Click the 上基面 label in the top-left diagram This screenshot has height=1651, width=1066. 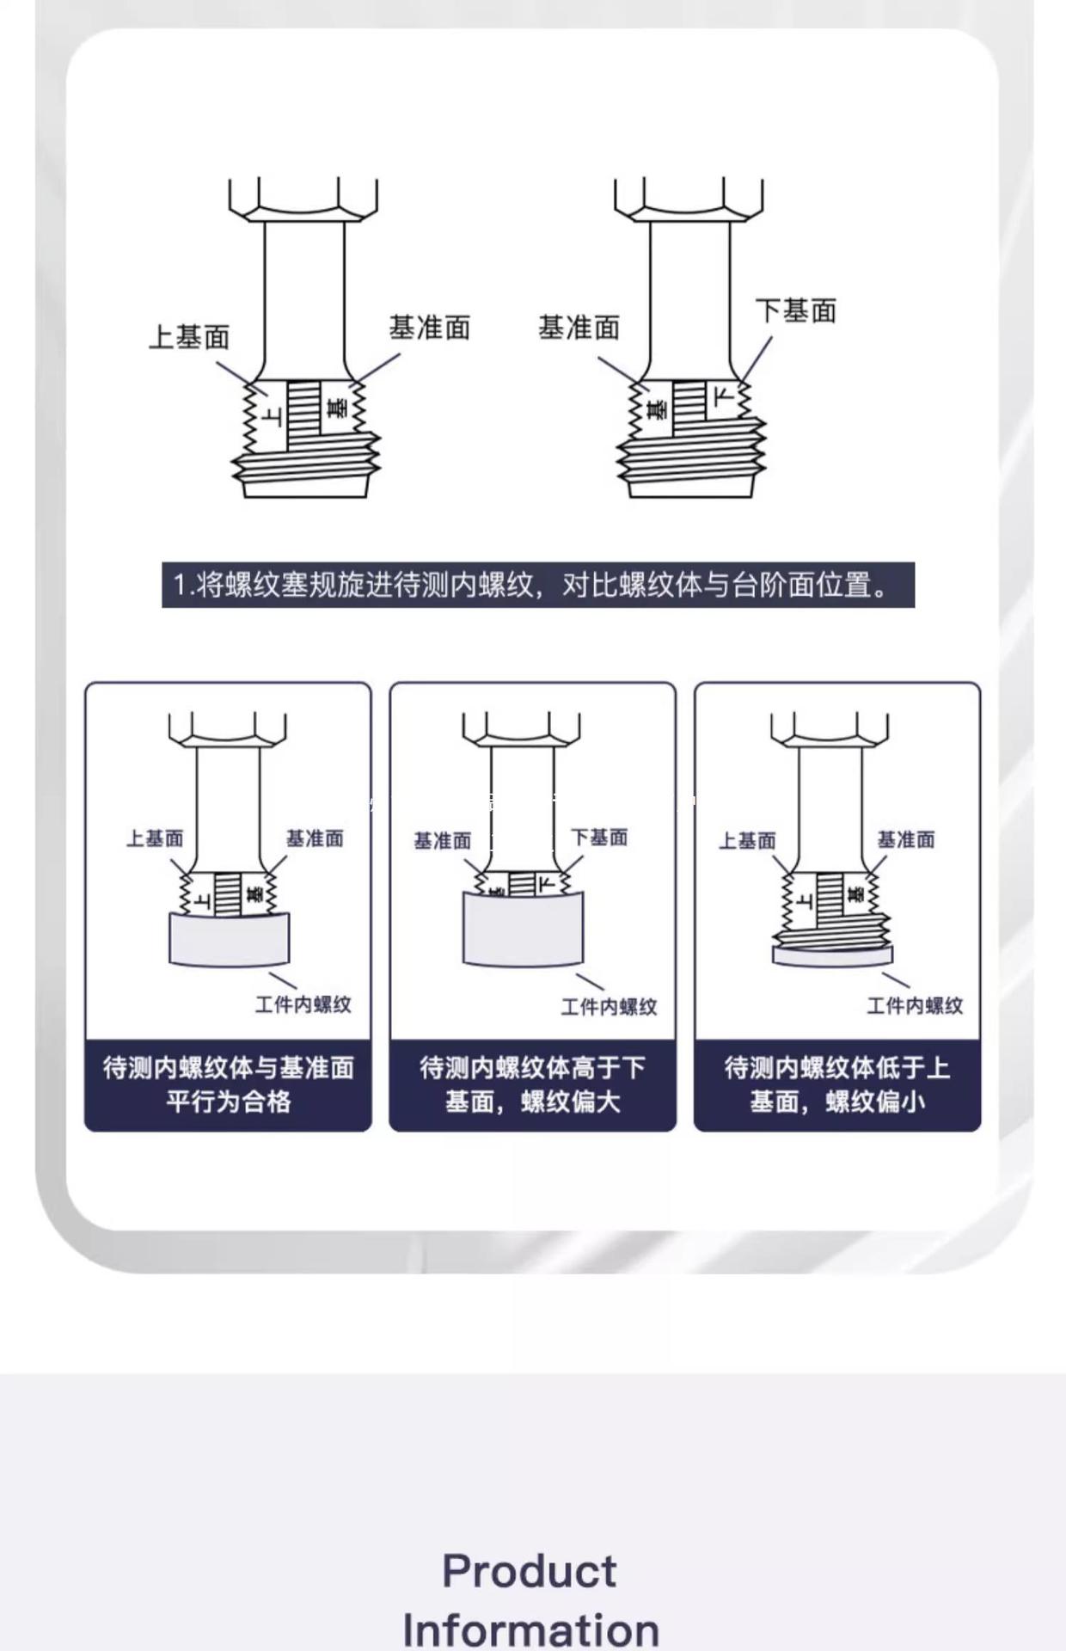[189, 337]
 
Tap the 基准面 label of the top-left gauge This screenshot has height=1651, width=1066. [429, 328]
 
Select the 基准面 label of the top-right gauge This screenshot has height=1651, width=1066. [579, 328]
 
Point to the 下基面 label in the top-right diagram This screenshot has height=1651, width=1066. [795, 311]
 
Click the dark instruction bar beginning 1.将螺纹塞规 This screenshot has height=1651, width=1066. [537, 586]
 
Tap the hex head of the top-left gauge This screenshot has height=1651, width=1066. [303, 199]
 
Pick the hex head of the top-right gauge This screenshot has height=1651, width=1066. [689, 199]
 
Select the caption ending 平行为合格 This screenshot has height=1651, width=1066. [228, 1084]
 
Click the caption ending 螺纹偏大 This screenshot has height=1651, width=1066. [532, 1084]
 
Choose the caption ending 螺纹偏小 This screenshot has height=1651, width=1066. [836, 1084]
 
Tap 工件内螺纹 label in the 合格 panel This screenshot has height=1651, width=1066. [303, 1004]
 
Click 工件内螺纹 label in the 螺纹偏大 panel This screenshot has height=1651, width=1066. [609, 1007]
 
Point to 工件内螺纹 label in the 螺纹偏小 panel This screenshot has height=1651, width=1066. [915, 1006]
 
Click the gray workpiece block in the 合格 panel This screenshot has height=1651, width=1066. [229, 939]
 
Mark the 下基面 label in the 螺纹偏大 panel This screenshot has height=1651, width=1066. [599, 838]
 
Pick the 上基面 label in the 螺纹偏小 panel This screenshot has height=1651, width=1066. [747, 841]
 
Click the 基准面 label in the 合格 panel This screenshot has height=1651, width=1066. [315, 838]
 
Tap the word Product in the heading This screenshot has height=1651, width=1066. [530, 1572]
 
